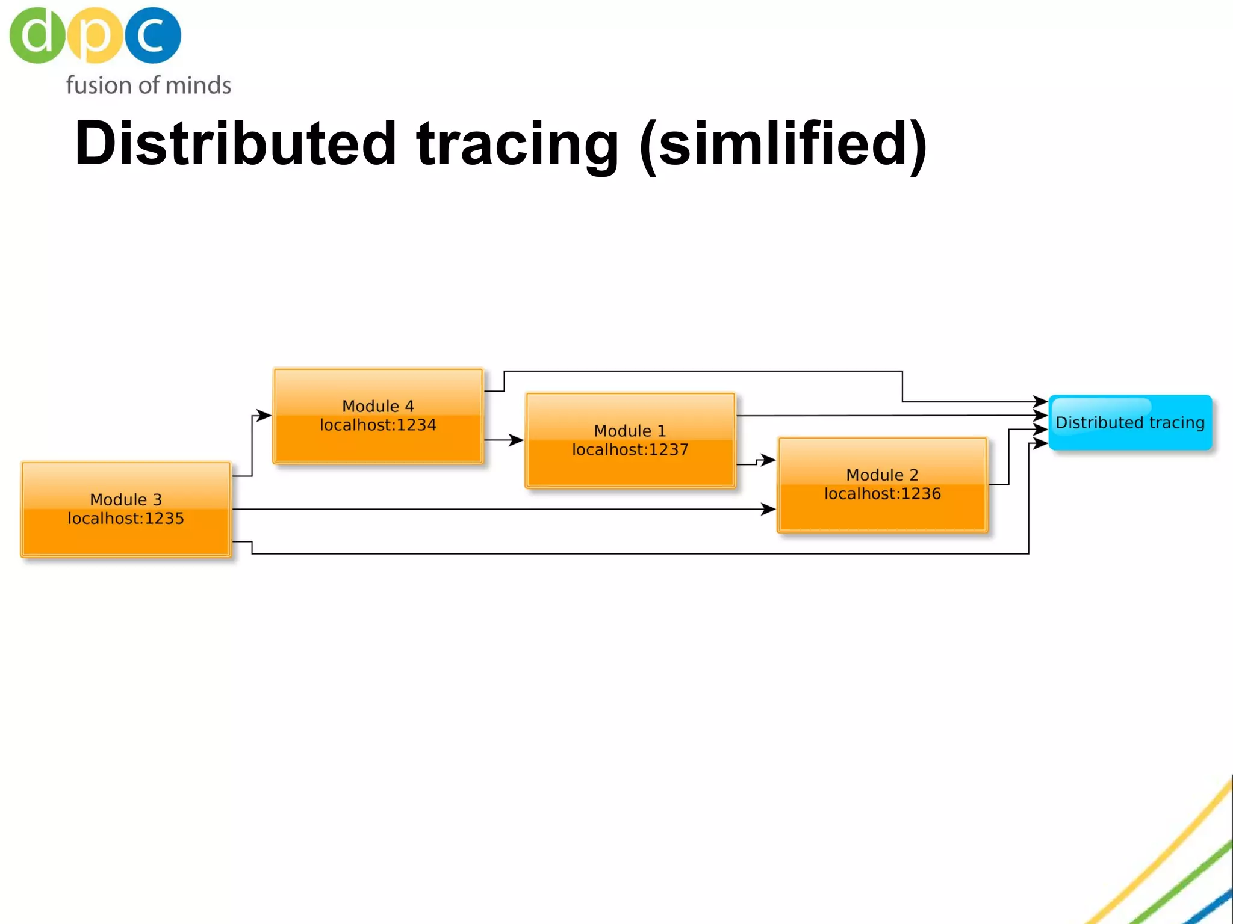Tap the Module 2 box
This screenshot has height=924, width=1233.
pyautogui.click(x=882, y=511)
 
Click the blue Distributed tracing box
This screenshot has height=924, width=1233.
pyautogui.click(x=1130, y=422)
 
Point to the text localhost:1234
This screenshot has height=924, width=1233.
pyautogui.click(x=378, y=425)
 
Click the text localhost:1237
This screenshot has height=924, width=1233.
pyautogui.click(x=630, y=450)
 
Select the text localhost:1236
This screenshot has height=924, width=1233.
pyautogui.click(x=882, y=494)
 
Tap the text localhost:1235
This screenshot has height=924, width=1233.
pyautogui.click(x=126, y=519)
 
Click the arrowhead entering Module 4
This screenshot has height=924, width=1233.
pyautogui.click(x=264, y=415)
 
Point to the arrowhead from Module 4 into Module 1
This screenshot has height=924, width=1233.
pyautogui.click(x=516, y=440)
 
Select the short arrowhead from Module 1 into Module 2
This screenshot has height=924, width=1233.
pyautogui.click(x=768, y=460)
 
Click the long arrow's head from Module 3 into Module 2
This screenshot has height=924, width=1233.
pyautogui.click(x=768, y=509)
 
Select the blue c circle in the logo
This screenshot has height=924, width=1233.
pyautogui.click(x=152, y=35)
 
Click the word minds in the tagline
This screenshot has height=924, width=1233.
pyautogui.click(x=198, y=85)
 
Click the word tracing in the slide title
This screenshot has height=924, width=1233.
pyautogui.click(x=517, y=144)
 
